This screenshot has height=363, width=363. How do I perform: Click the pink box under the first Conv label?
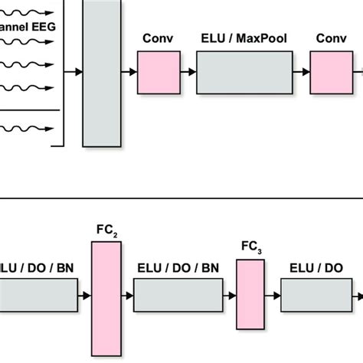point(159,73)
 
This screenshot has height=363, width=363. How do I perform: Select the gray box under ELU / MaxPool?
point(245,73)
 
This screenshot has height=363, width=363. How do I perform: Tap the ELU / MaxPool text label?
point(245,38)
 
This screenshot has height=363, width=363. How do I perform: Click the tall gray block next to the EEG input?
point(102,73)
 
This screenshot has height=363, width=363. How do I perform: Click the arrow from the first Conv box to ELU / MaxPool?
point(188,73)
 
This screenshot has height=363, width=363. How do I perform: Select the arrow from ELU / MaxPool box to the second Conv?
point(302,73)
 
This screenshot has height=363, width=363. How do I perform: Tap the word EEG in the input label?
point(41,30)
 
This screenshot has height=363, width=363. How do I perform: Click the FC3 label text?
point(248,247)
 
